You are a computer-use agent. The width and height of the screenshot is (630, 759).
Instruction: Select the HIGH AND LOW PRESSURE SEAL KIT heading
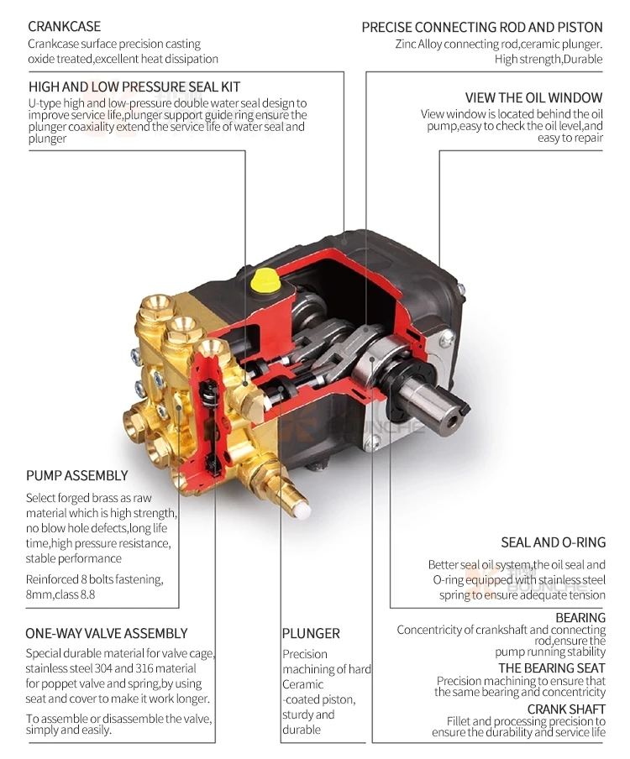click(x=134, y=86)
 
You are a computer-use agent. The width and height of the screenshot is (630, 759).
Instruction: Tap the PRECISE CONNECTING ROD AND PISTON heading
click(x=482, y=27)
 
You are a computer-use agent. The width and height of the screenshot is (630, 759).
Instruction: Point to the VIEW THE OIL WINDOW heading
click(x=534, y=97)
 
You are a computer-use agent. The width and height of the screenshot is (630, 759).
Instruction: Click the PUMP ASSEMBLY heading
click(x=76, y=476)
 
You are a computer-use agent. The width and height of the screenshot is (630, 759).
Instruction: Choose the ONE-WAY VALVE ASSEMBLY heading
click(x=107, y=633)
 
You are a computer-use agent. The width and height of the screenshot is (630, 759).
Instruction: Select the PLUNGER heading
click(x=311, y=633)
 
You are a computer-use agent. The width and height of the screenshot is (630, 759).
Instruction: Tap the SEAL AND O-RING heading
click(x=553, y=542)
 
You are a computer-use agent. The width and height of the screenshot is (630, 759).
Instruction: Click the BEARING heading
click(x=580, y=618)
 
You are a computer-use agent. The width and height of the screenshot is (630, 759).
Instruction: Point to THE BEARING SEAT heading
click(x=552, y=668)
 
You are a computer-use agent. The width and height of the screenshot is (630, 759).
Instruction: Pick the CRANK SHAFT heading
click(x=566, y=709)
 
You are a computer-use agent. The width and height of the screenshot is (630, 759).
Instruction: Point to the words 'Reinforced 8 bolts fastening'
click(x=94, y=580)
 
